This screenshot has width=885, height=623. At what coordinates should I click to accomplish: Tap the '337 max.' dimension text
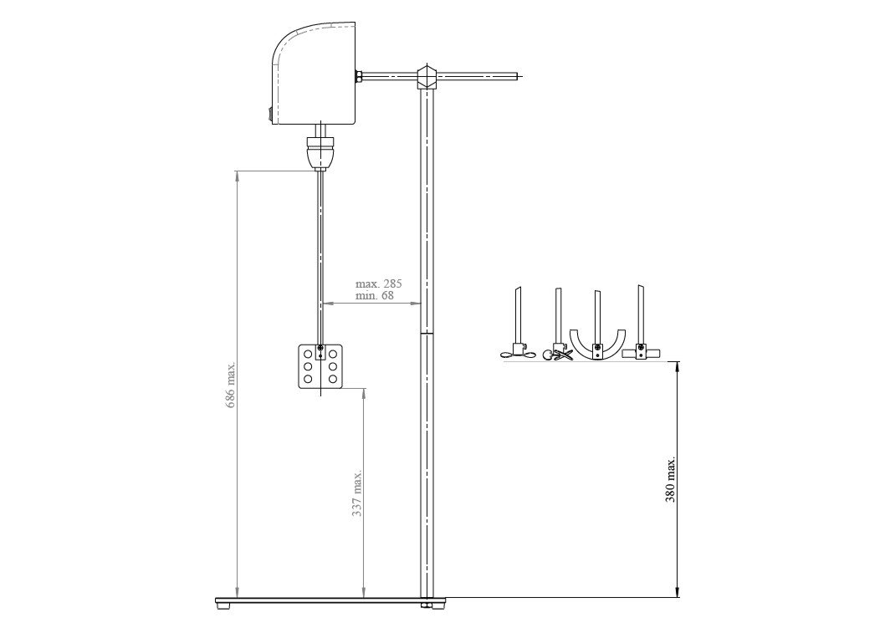357,493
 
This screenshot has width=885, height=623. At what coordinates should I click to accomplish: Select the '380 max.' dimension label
671,480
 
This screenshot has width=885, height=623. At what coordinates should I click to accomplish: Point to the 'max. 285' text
379,283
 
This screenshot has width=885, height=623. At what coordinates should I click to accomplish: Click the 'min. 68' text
375,295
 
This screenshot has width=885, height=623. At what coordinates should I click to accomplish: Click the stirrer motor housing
314,74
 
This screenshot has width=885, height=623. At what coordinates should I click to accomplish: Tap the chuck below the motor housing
320,151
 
